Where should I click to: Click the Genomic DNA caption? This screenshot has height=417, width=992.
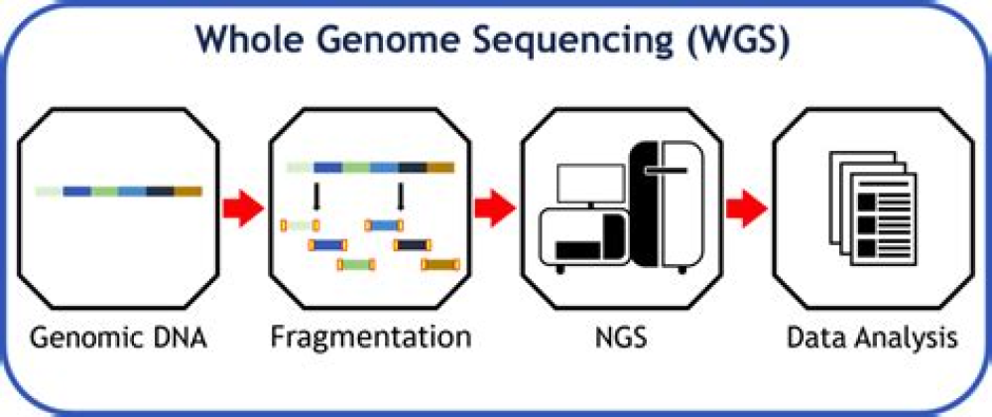(x=118, y=338)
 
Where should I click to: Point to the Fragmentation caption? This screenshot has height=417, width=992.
(x=370, y=338)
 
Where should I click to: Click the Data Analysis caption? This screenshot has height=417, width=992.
(x=873, y=338)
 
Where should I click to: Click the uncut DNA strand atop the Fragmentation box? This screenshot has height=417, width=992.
(x=370, y=167)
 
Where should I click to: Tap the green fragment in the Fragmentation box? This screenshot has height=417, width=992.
(x=356, y=265)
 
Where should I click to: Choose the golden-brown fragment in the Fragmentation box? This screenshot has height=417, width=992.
(x=441, y=265)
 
